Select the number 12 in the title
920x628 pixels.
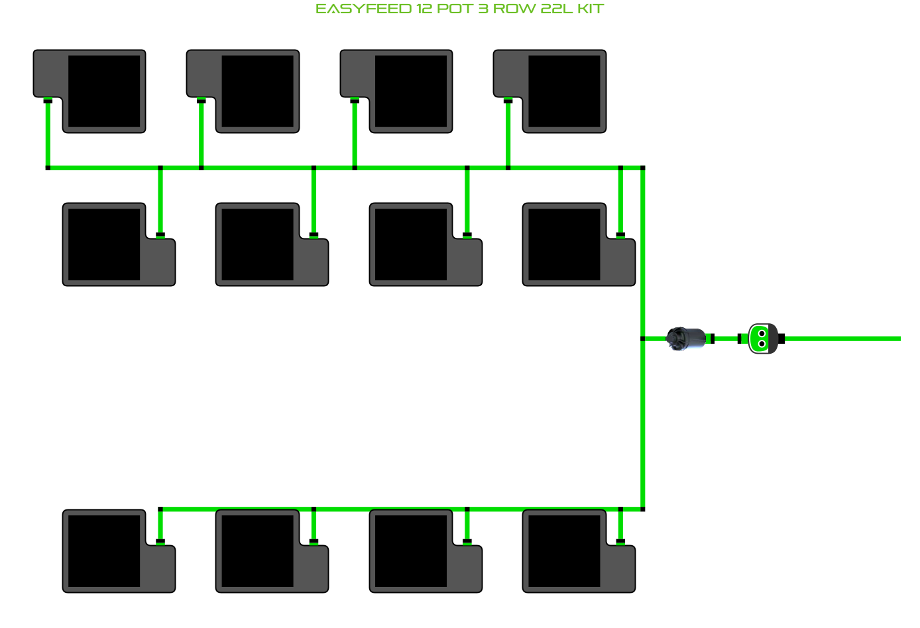(x=424, y=9)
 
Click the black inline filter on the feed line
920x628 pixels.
(x=687, y=339)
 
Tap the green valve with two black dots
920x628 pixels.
(x=762, y=339)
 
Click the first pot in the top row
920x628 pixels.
(x=103, y=91)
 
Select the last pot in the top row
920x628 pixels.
(x=563, y=91)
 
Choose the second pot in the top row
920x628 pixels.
(x=257, y=91)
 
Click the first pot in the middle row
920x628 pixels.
(x=105, y=244)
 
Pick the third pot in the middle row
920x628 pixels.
(x=412, y=244)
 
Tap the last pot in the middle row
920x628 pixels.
(x=565, y=244)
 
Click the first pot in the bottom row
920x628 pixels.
(x=105, y=551)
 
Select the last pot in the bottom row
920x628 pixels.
(x=565, y=551)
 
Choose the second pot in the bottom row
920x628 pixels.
(x=258, y=551)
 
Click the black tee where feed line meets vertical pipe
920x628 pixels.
(x=642, y=339)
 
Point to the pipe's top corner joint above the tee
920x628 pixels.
(x=642, y=168)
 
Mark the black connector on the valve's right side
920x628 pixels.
(x=781, y=339)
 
